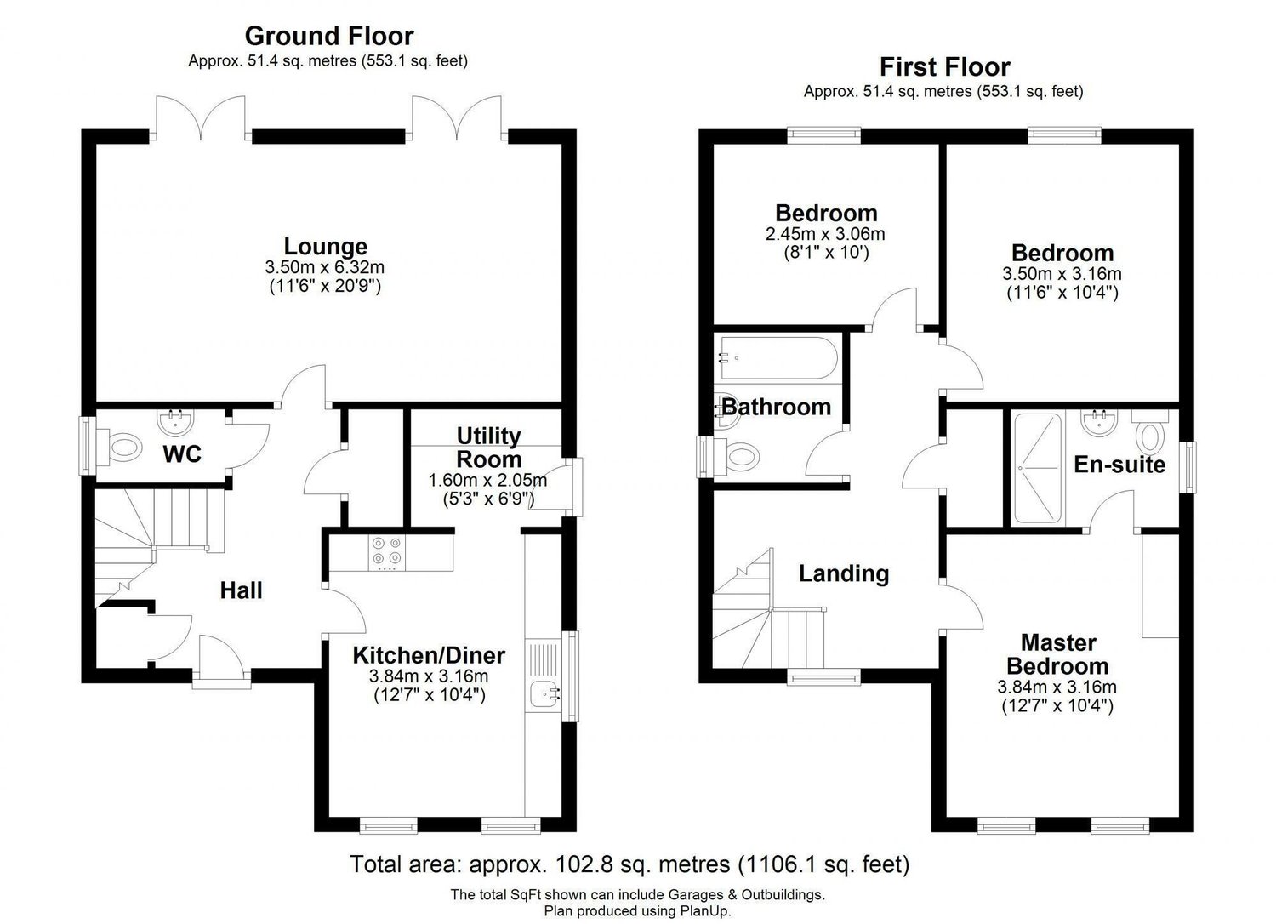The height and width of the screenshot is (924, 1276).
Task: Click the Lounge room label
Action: point(325,247)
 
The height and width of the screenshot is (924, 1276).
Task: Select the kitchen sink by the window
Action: point(544,694)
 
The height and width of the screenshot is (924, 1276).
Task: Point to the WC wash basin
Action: point(175,421)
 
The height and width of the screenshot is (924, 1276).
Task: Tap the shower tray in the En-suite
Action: point(1038,468)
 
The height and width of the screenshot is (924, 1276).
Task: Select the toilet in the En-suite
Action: point(1150,433)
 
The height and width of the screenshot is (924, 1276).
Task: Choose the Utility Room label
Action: point(489,448)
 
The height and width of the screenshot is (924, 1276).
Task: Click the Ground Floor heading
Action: point(329,36)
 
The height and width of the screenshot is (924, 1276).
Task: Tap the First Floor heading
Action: point(945,67)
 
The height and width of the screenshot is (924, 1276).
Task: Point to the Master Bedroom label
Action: point(1058,654)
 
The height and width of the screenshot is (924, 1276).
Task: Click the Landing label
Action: point(844,573)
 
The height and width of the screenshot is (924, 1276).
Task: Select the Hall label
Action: point(241,590)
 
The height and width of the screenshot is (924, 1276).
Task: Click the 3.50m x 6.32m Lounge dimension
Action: point(325,266)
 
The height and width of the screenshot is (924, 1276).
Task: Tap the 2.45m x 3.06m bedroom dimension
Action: point(825,234)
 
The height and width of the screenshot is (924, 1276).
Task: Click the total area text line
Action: point(629,864)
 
